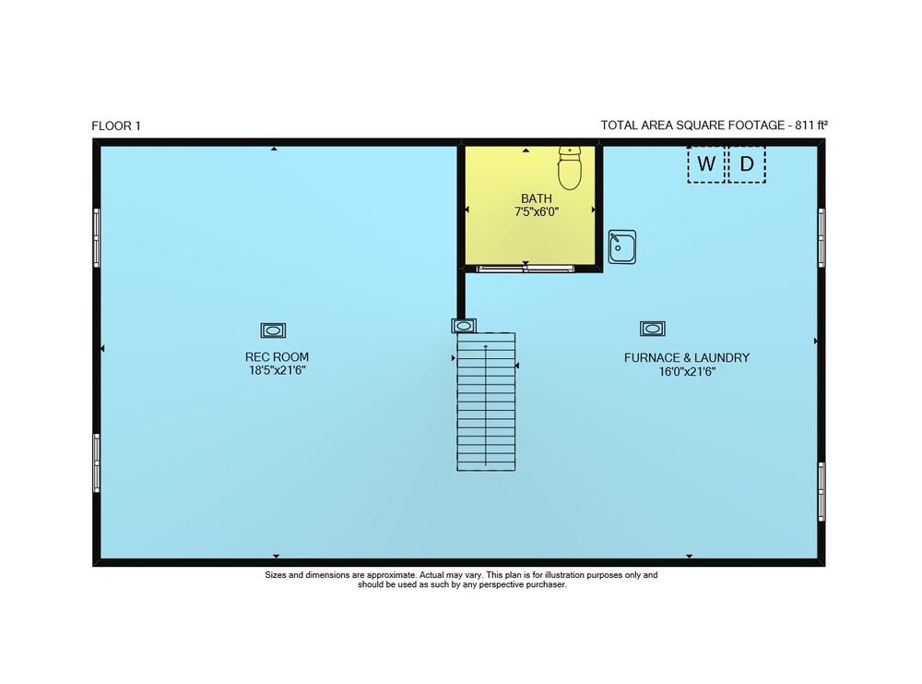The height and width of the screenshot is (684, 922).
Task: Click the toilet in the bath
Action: tap(569, 168)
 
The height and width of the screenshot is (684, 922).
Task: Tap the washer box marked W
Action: tap(706, 164)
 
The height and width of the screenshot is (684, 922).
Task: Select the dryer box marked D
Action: tap(747, 164)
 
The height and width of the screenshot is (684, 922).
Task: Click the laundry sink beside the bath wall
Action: tap(622, 246)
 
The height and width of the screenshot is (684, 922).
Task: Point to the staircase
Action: tap(486, 402)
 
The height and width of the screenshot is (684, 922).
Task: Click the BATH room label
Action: tap(537, 198)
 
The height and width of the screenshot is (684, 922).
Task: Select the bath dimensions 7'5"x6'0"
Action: tap(537, 212)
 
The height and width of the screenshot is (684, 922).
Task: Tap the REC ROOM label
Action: tap(277, 356)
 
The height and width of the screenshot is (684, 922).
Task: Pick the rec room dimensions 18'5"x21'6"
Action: tap(277, 370)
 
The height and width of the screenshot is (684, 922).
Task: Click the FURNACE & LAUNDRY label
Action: tap(687, 357)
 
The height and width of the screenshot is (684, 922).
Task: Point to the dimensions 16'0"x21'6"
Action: tap(687, 371)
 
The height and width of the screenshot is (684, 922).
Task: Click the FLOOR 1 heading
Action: tap(116, 126)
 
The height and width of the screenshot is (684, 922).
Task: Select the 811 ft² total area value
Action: tap(811, 125)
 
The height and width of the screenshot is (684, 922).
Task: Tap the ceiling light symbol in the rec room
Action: tap(274, 330)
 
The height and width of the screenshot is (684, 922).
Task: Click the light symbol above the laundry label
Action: tap(653, 329)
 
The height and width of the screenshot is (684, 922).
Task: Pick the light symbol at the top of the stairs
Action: tap(464, 326)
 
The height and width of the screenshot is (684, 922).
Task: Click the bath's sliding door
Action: tap(526, 269)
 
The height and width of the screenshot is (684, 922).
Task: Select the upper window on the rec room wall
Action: tap(97, 238)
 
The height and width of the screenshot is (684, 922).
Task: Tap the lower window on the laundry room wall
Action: tap(822, 491)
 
